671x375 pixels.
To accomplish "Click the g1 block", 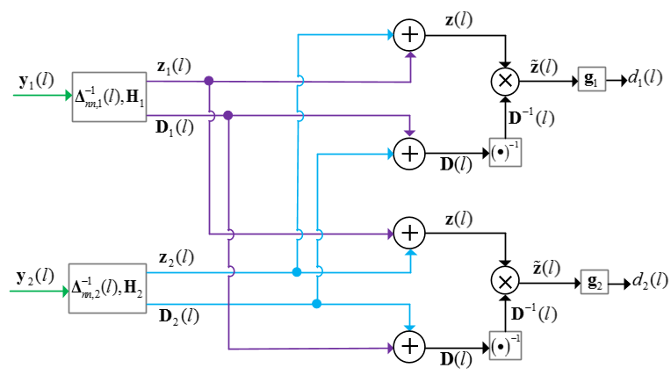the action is coord(592,79).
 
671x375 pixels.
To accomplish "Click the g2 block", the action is coord(595,282).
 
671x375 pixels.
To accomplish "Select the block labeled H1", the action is coord(109,97).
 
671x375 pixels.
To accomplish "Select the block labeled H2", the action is coord(107,288).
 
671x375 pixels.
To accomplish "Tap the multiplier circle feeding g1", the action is coord(505,81).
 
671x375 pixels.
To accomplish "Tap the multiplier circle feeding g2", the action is coord(505,281).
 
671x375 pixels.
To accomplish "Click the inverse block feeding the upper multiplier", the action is coord(505,152).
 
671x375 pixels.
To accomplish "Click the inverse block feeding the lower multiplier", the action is coord(505,346).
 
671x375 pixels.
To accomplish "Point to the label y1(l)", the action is coord(37,81).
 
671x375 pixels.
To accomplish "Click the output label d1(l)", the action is coord(646,78).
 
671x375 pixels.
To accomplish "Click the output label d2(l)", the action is coord(650,281).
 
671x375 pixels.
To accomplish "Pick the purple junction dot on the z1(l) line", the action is coord(208,81).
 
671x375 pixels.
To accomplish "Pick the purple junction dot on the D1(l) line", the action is coord(228,115).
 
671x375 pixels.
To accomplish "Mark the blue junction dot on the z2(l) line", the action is coord(297,272).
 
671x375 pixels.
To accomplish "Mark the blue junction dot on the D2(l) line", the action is coord(316,304).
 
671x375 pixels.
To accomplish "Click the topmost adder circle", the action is coord(409,35).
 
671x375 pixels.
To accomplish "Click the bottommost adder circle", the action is coord(409,347).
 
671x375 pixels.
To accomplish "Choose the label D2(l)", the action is coord(179,317).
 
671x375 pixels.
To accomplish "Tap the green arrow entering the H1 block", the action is coord(42,95).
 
